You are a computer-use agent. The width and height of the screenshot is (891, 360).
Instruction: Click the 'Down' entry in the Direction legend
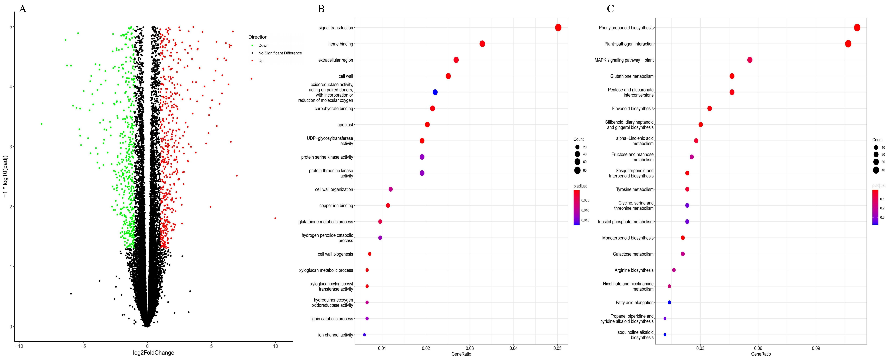263,45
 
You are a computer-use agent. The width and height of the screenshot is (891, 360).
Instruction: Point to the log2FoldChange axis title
154,353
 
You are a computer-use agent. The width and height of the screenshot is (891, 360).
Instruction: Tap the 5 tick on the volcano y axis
11,27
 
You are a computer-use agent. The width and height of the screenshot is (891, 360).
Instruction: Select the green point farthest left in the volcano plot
42,124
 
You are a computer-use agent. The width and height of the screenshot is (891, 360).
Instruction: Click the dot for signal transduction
558,28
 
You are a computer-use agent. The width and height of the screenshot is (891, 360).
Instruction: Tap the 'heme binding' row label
340,44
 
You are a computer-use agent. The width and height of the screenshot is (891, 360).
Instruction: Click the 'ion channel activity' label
336,335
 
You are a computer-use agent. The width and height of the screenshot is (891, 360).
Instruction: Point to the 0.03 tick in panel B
470,348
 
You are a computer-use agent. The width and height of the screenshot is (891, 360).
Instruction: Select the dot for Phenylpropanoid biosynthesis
857,28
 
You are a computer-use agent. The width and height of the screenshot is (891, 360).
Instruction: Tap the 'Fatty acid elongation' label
634,303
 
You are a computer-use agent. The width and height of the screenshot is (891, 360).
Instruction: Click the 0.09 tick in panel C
816,348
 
